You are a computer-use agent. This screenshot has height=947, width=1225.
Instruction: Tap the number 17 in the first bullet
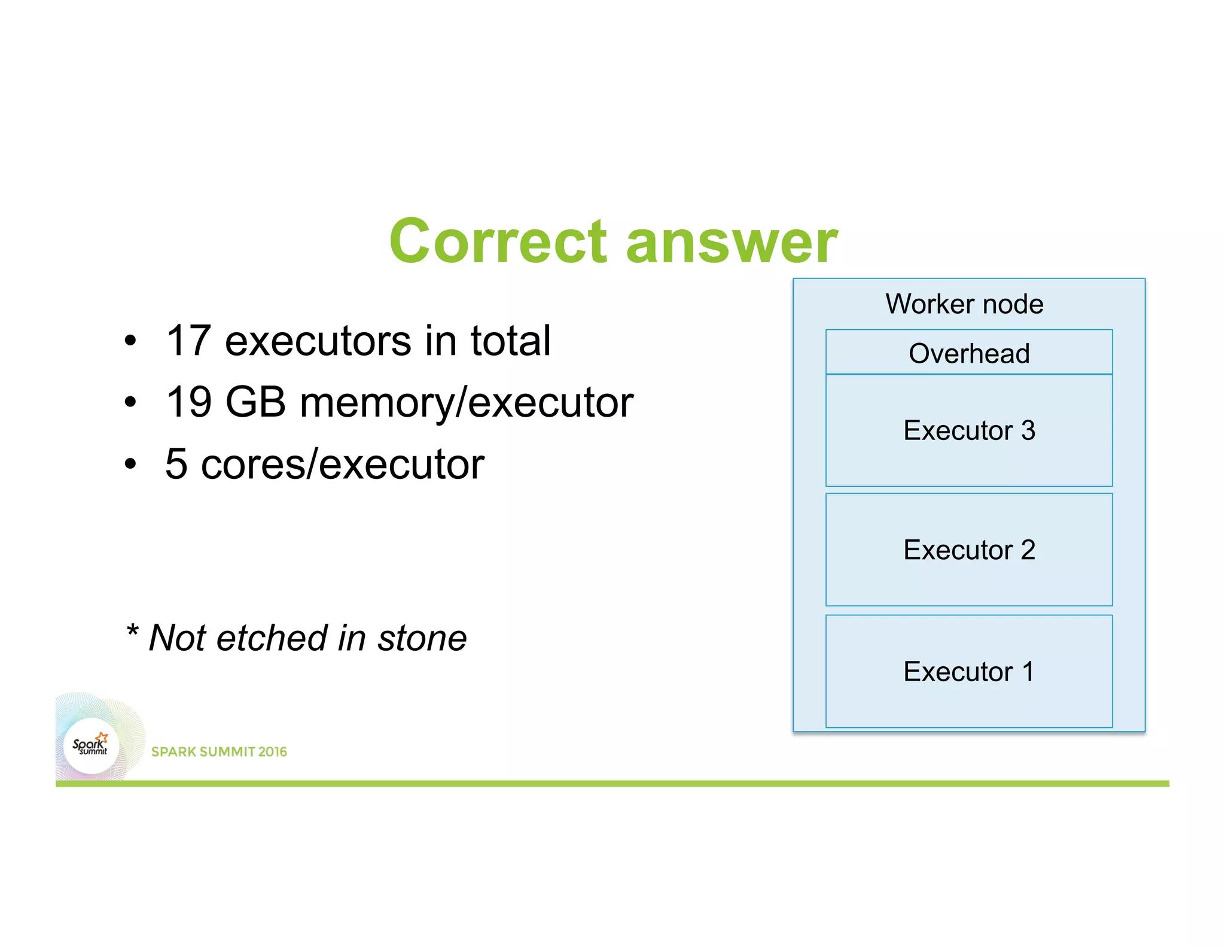point(188,341)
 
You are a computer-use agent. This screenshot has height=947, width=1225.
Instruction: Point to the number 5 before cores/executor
point(176,464)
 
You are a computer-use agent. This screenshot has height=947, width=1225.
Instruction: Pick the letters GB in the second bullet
point(255,402)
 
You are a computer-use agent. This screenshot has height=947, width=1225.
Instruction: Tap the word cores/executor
point(343,465)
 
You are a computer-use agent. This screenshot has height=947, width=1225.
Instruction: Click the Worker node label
point(964,304)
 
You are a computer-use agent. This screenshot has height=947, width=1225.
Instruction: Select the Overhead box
point(969,353)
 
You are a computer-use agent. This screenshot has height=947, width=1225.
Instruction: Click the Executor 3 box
point(969,430)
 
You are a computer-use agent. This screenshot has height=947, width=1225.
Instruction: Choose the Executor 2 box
point(969,550)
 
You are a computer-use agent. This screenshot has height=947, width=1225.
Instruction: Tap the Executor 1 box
point(969,672)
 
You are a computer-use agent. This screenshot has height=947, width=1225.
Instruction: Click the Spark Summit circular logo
point(91,746)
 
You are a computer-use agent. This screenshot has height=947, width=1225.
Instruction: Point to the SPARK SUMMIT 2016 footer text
point(219,752)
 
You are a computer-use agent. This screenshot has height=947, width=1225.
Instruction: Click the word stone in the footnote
point(422,638)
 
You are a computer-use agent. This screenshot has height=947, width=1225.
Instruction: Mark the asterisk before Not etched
point(132,630)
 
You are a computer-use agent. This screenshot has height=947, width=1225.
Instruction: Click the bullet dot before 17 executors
point(130,342)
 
